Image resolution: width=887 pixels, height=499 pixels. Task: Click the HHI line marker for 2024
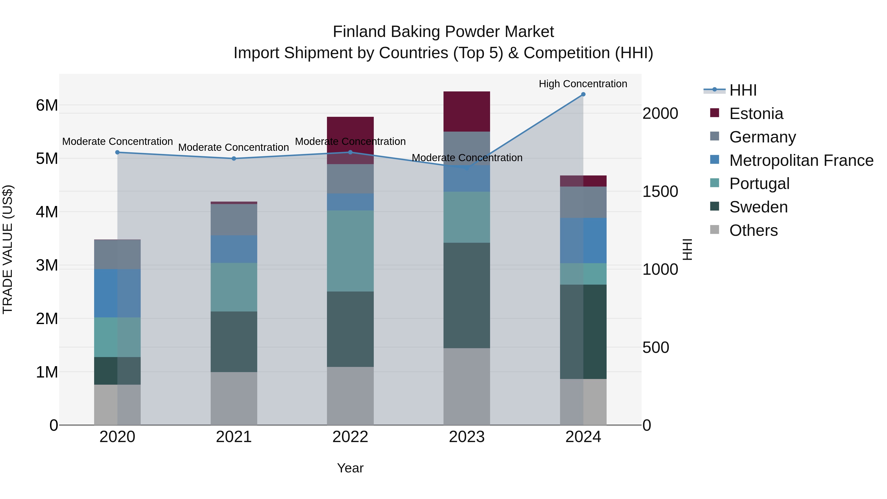[583, 94]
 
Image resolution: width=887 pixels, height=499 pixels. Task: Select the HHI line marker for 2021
[234, 158]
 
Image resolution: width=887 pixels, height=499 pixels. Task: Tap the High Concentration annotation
[583, 84]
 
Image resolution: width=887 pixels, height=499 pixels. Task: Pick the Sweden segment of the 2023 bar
[467, 295]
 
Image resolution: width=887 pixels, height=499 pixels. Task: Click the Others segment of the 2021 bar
[234, 398]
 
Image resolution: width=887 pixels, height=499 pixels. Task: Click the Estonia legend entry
[756, 114]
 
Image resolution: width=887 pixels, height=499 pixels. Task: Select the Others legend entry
[753, 230]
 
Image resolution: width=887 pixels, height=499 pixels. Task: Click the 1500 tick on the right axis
[660, 191]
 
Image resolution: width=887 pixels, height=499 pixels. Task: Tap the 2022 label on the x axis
[350, 437]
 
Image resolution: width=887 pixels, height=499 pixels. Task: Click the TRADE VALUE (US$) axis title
[8, 249]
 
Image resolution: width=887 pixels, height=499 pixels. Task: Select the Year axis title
[350, 468]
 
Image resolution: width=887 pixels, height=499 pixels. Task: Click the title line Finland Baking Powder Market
[443, 32]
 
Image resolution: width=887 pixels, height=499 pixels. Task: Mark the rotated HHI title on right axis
[687, 249]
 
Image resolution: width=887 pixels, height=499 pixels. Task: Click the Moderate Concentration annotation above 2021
[234, 147]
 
